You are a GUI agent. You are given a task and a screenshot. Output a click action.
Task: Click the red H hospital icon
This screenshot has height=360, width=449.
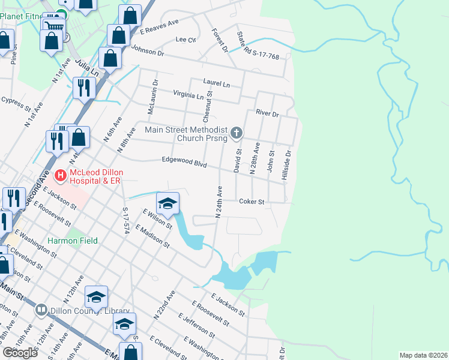(60, 176)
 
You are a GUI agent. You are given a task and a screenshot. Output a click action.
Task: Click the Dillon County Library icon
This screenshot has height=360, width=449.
(41, 310)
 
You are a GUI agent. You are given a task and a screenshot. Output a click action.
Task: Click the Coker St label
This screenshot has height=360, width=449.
(252, 202)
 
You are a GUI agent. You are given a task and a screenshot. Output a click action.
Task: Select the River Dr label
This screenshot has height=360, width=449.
(267, 113)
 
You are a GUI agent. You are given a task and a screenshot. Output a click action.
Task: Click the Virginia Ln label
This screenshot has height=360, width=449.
(188, 95)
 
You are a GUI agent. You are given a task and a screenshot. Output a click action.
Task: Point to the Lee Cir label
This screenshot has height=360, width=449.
(185, 40)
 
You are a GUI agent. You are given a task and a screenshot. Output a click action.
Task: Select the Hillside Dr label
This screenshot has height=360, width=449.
(288, 161)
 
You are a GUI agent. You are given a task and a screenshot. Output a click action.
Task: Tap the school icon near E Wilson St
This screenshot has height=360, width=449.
(168, 202)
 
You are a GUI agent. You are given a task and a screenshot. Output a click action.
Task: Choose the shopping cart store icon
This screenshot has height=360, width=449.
(53, 25)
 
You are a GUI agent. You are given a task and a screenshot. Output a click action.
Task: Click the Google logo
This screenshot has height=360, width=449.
(20, 353)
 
